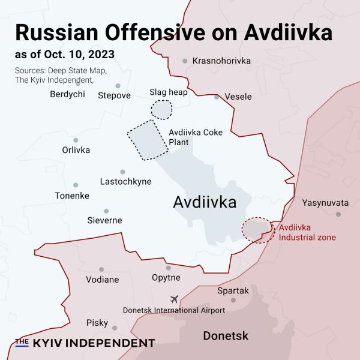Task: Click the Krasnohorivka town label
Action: pyautogui.click(x=220, y=61)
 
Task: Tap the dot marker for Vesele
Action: pyautogui.click(x=217, y=97)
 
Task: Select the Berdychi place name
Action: pyautogui.click(x=67, y=94)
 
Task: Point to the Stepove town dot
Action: pyautogui.click(x=118, y=86)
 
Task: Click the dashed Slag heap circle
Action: pyautogui.click(x=161, y=109)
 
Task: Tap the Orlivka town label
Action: pyautogui.click(x=76, y=150)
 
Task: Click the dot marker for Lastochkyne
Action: pyautogui.click(x=122, y=172)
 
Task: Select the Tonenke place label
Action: pyautogui.click(x=72, y=196)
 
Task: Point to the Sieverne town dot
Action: pyautogui.click(x=106, y=211)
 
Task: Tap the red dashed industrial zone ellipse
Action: pyautogui.click(x=256, y=230)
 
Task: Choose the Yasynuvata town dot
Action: pyautogui.click(x=338, y=214)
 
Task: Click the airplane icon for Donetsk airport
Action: pyautogui.click(x=175, y=299)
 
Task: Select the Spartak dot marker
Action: pyautogui.click(x=233, y=300)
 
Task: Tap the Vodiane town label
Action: pyautogui.click(x=102, y=280)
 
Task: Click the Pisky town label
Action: pyautogui.click(x=97, y=323)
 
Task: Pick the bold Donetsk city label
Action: pyautogui.click(x=226, y=336)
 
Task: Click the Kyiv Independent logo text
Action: pyautogui.click(x=85, y=343)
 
